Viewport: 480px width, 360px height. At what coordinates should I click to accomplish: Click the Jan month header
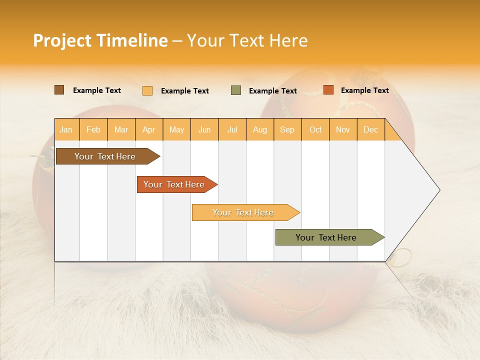66,129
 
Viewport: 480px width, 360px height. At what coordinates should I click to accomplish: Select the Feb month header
93,129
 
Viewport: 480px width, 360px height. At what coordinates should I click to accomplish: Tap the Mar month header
121,129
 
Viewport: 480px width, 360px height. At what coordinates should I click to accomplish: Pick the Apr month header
149,129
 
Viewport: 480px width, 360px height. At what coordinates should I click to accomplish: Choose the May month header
176,129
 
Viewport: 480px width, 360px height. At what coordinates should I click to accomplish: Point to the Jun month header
204,129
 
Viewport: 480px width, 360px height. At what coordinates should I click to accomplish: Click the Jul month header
232,129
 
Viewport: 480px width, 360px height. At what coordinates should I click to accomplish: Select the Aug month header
260,129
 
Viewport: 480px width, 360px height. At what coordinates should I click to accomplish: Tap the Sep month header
287,129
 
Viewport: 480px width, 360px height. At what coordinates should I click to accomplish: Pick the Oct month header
315,129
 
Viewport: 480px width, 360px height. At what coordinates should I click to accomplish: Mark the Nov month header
343,129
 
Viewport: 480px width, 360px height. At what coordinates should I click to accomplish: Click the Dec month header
370,129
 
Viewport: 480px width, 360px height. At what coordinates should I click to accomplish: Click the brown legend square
59,90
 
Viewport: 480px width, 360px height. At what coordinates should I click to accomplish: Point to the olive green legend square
236,90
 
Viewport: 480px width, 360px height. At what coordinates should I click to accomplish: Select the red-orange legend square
328,90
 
